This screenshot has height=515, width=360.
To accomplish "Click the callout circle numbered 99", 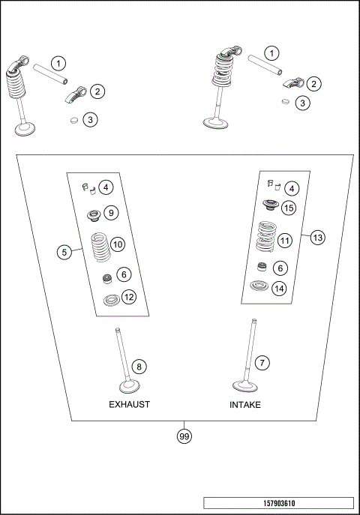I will pyautogui.click(x=184, y=436).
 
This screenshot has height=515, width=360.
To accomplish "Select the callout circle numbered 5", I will pyautogui.click(x=65, y=252).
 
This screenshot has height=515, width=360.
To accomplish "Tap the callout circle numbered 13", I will pyautogui.click(x=317, y=237).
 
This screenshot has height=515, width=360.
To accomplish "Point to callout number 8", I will pyautogui.click(x=139, y=366).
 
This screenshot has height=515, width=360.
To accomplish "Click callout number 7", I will pyautogui.click(x=261, y=363).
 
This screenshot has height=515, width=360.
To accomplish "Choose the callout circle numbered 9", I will pyautogui.click(x=109, y=213).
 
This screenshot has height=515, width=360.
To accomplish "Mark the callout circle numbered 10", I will pyautogui.click(x=118, y=244).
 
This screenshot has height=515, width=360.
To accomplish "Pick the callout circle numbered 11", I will pyautogui.click(x=284, y=241).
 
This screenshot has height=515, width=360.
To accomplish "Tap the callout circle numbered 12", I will pyautogui.click(x=129, y=298).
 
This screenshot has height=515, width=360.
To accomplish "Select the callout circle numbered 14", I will pyautogui.click(x=279, y=288).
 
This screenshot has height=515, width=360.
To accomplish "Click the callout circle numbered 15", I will pyautogui.click(x=288, y=208).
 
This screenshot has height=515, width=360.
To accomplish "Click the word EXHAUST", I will pyautogui.click(x=129, y=404).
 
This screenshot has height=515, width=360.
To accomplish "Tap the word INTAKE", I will pyautogui.click(x=246, y=404).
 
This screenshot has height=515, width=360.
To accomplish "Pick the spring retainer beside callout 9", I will pyautogui.click(x=94, y=215).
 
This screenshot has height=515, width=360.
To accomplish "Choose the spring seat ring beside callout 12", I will pyautogui.click(x=110, y=301).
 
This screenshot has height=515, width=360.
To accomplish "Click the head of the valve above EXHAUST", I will pyautogui.click(x=124, y=387).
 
